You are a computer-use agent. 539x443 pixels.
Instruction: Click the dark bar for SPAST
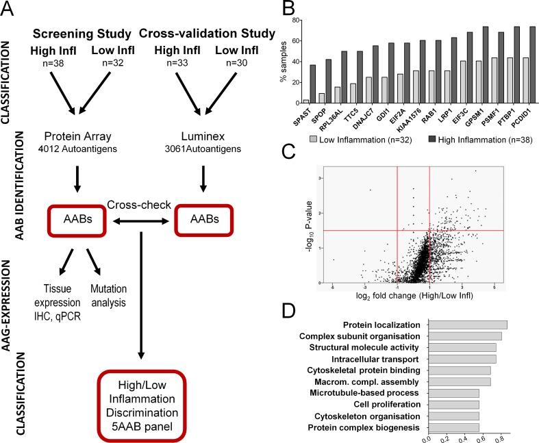pos(331,84)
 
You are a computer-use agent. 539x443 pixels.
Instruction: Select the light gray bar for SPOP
pos(341,99)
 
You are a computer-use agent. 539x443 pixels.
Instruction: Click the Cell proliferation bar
pos(453,405)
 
